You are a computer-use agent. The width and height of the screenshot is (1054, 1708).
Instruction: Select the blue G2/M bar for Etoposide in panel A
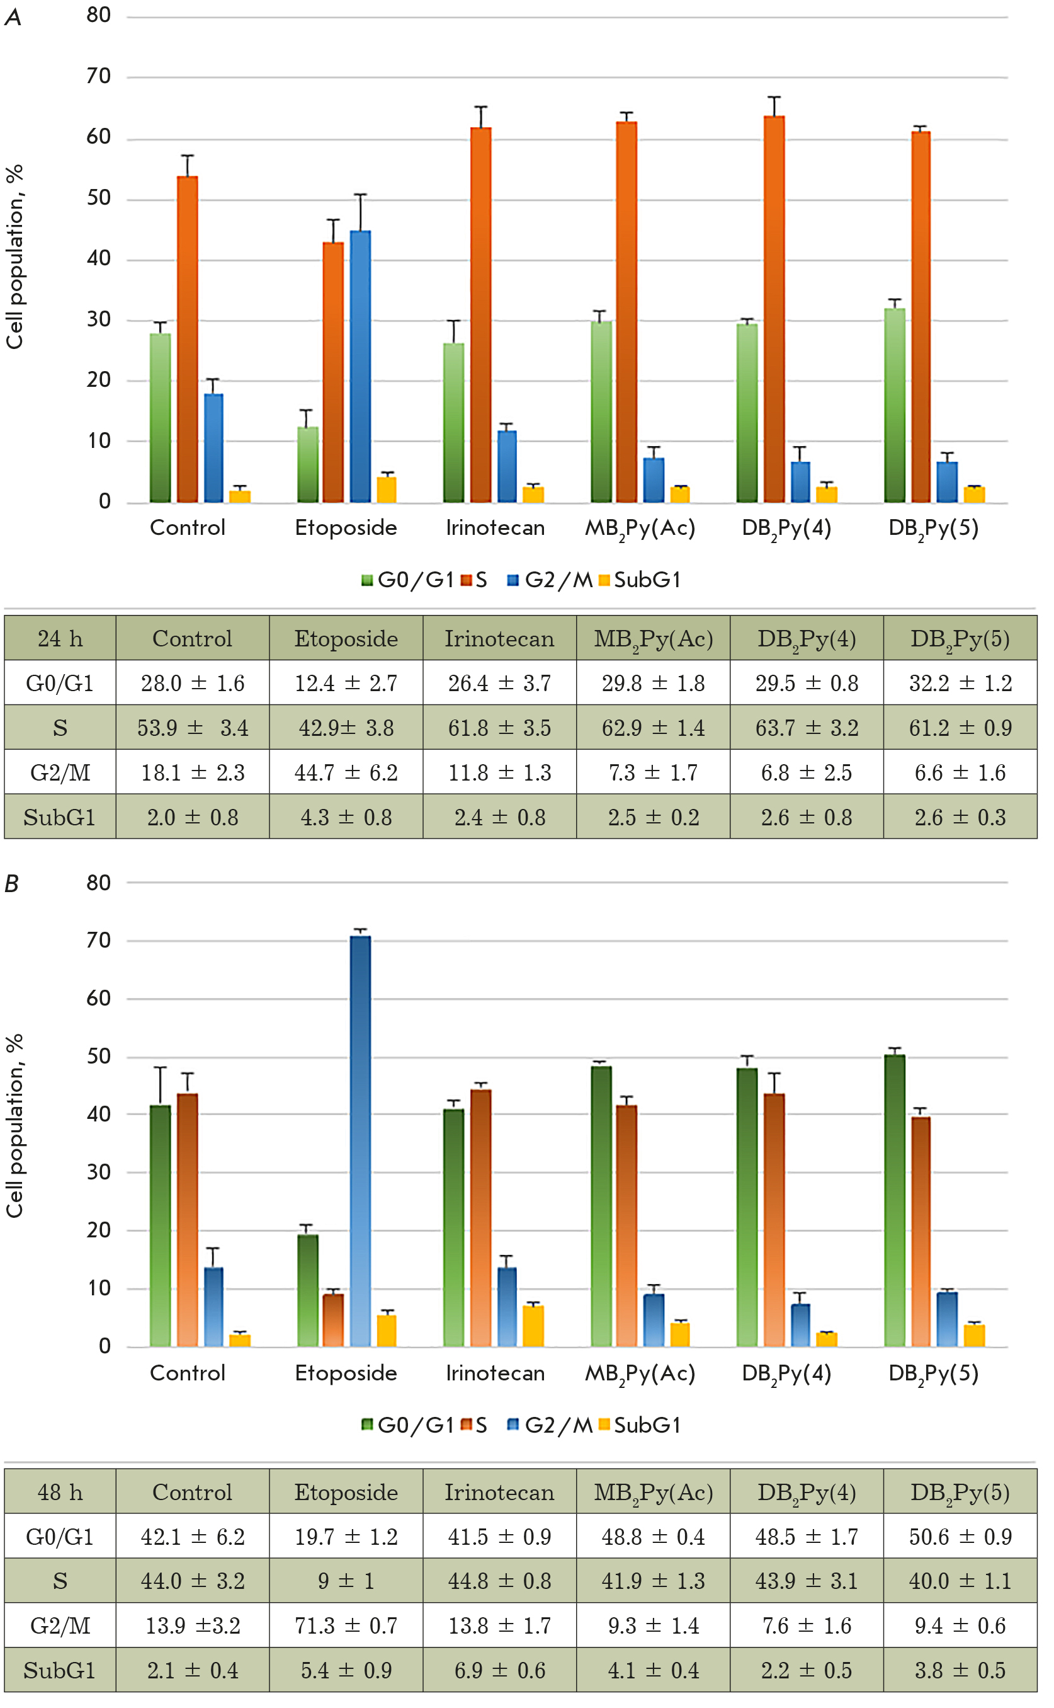coord(360,367)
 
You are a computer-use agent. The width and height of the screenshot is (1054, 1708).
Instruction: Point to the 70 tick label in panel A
coord(99,76)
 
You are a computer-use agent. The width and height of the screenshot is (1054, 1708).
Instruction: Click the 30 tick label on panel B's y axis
coord(99,1172)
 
